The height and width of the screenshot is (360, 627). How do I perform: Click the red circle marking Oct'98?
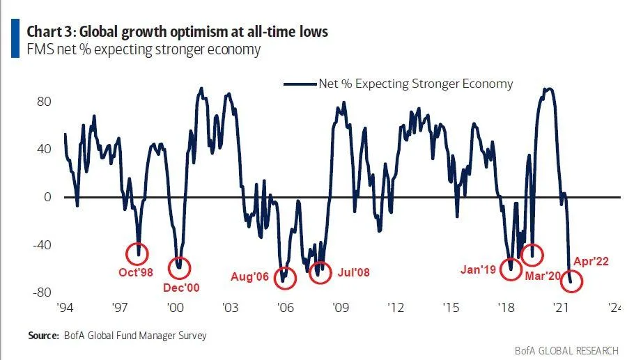pos(137,253)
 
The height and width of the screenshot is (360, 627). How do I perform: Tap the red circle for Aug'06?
pos(284,277)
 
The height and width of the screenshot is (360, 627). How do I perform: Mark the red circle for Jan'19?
pos(511,267)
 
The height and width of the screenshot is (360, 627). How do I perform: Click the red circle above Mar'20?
pos(532,254)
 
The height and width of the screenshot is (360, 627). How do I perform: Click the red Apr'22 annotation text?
pos(591,262)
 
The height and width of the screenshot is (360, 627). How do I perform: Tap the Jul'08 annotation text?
pos(354,272)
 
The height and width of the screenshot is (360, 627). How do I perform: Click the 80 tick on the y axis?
pos(45,101)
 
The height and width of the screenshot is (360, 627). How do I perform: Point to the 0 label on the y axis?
pos(47,197)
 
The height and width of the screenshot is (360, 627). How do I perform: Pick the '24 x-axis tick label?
pos(615,306)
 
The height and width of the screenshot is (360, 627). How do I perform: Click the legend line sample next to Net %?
pos(300,84)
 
